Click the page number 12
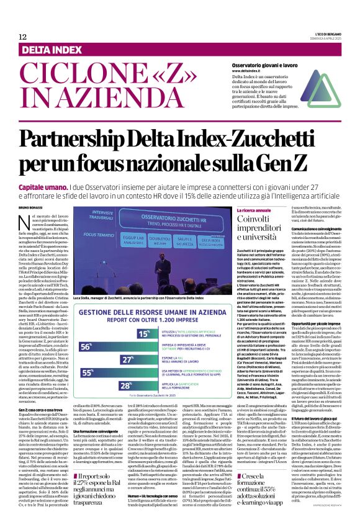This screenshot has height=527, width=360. click(x=22, y=37)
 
